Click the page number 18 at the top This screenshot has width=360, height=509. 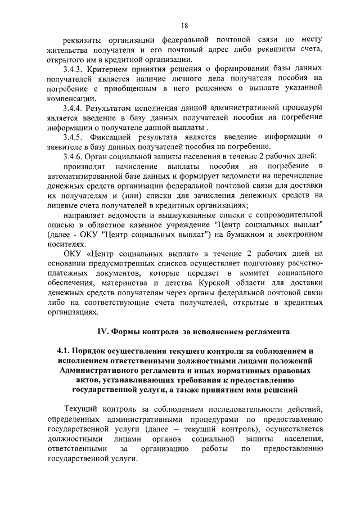(x=184, y=25)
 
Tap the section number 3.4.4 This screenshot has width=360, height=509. (x=73, y=107)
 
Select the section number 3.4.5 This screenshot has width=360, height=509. (x=73, y=137)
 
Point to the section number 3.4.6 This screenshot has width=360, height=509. (x=73, y=156)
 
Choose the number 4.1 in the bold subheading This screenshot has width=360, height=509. (x=64, y=351)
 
